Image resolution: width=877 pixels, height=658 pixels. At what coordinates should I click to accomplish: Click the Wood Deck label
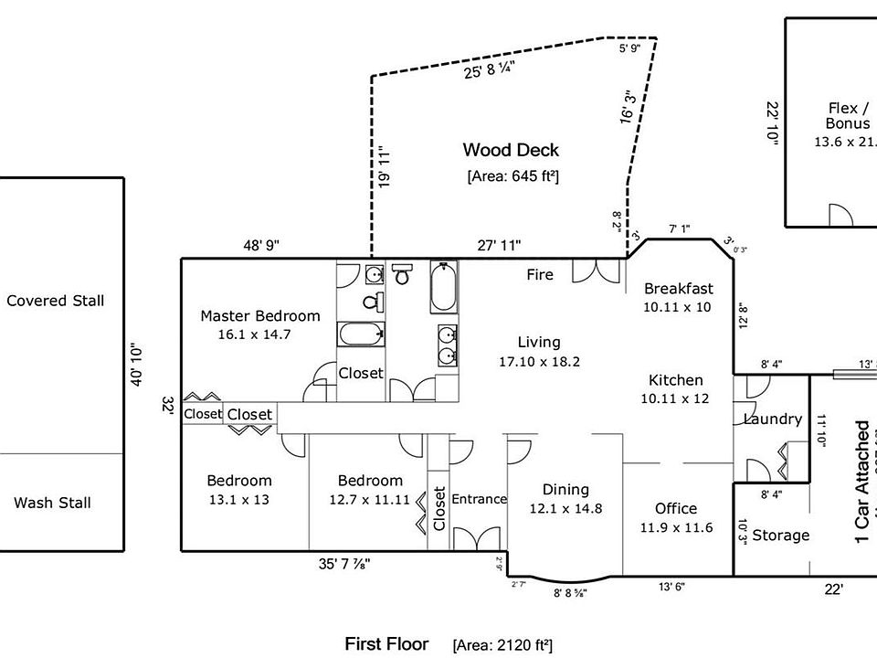pyautogui.click(x=511, y=150)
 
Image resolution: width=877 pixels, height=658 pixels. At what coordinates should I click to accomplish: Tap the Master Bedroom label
pyautogui.click(x=260, y=316)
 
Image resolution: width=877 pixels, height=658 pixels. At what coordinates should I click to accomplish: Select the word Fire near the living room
pyautogui.click(x=540, y=274)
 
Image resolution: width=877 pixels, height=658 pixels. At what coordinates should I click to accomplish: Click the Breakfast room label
pyautogui.click(x=678, y=289)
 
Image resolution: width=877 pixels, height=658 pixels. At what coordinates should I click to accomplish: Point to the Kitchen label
pyautogui.click(x=676, y=380)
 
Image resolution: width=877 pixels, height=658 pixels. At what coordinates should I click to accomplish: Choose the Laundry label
pyautogui.click(x=772, y=419)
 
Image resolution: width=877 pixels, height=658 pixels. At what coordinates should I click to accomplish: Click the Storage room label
pyautogui.click(x=780, y=536)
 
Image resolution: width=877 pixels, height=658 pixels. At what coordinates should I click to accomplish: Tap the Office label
pyautogui.click(x=676, y=509)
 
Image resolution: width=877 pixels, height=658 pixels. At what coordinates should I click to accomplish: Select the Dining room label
pyautogui.click(x=565, y=490)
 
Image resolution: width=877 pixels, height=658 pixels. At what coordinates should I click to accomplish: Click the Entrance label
pyautogui.click(x=479, y=499)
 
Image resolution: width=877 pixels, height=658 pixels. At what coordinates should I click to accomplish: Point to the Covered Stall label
pyautogui.click(x=56, y=301)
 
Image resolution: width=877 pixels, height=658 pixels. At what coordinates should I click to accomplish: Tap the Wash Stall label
pyautogui.click(x=52, y=503)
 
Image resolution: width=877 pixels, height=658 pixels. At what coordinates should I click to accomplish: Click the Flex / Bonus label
pyautogui.click(x=841, y=116)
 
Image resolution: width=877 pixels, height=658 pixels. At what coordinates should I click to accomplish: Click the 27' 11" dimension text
pyautogui.click(x=499, y=245)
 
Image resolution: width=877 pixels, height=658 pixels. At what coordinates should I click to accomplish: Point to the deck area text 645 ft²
pyautogui.click(x=512, y=176)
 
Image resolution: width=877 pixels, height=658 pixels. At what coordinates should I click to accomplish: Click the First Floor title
pyautogui.click(x=386, y=644)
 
